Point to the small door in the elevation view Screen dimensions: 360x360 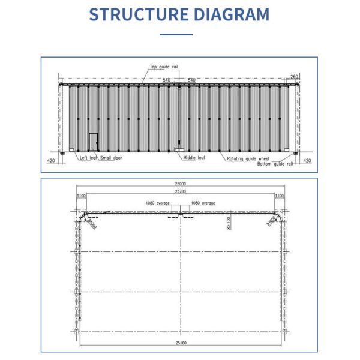94,142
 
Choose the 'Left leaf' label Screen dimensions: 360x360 88,157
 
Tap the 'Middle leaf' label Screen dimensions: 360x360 193,157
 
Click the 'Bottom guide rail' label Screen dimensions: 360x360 275,163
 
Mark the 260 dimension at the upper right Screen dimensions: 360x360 294,76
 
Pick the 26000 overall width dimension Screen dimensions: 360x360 179,184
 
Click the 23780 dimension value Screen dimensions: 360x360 179,191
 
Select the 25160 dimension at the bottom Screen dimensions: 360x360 179,344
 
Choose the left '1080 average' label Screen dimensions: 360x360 158,203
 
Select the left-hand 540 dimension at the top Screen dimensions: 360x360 167,80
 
